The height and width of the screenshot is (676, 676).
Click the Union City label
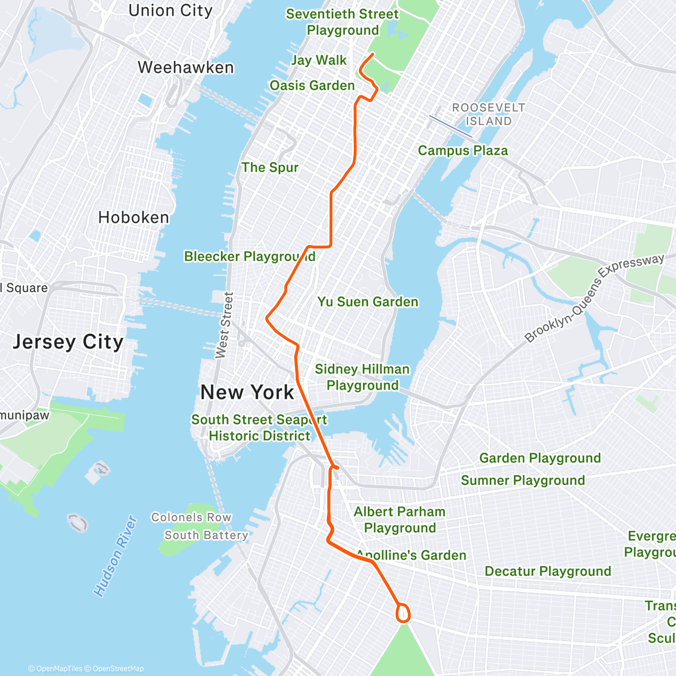(170, 11)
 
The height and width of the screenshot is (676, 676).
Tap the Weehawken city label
(185, 68)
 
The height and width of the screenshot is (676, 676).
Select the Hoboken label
(134, 217)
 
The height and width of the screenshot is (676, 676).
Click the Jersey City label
(68, 342)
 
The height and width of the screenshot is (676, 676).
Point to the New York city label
(247, 392)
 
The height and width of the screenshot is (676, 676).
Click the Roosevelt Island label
(488, 114)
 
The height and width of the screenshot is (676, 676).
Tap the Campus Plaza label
(462, 151)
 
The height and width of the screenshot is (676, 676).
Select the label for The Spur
(270, 167)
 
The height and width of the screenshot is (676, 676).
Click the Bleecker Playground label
(250, 257)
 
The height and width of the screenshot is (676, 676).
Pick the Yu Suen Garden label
(368, 302)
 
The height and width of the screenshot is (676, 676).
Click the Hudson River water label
(115, 556)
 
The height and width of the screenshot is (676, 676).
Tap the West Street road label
(224, 325)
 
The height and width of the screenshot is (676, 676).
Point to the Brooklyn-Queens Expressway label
(594, 299)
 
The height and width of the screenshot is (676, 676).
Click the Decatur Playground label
(548, 571)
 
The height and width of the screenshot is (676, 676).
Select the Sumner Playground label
(523, 481)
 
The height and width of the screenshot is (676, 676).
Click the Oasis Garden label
(312, 86)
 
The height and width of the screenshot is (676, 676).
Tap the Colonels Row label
(191, 517)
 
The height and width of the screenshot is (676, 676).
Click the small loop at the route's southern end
(403, 612)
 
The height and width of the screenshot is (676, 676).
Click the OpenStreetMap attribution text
(118, 669)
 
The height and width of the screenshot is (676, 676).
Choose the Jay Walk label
(319, 60)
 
